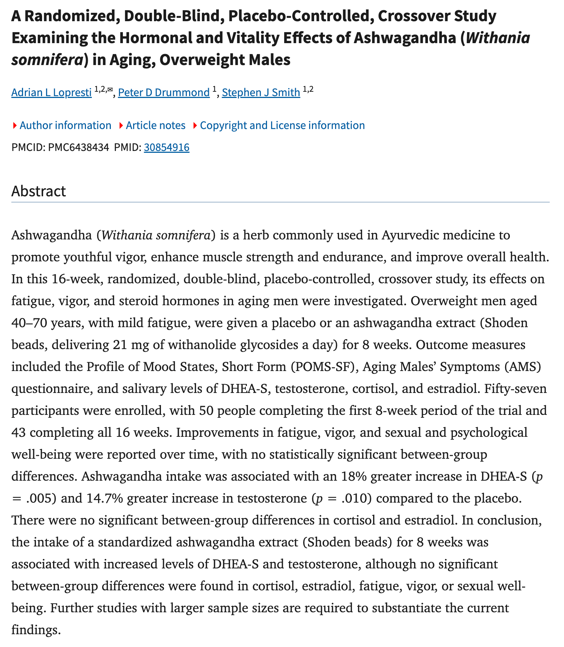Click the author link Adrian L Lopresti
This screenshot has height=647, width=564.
tap(51, 92)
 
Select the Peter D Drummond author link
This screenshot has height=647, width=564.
tap(163, 92)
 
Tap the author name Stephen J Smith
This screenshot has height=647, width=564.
tap(261, 92)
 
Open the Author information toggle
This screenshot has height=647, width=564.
tap(65, 125)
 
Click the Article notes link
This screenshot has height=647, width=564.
tap(155, 125)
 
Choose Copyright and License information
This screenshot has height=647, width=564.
tap(282, 125)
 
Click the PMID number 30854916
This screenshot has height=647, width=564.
tap(166, 147)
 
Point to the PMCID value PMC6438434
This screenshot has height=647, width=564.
tap(78, 147)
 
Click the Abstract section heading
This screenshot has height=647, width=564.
tap(39, 191)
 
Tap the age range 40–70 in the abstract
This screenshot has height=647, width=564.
tap(27, 323)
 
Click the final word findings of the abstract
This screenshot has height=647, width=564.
tap(35, 630)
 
